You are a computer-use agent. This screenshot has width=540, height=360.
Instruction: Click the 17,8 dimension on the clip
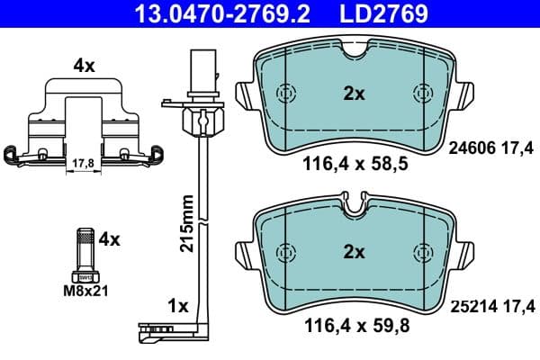point(83,163)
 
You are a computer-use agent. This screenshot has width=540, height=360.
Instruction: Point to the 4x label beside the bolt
point(108,240)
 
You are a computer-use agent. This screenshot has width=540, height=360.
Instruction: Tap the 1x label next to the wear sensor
point(178,307)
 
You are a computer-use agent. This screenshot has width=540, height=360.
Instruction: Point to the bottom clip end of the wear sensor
point(158,335)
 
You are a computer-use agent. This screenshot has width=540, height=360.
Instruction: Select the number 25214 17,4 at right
point(490,309)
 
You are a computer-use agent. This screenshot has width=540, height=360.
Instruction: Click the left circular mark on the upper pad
point(287,93)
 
